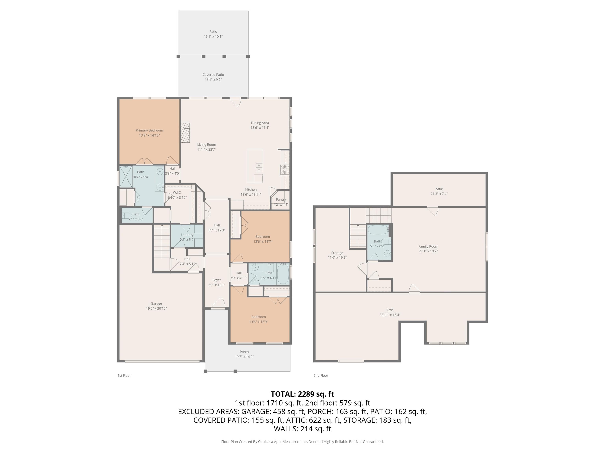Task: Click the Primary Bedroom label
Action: [149, 130]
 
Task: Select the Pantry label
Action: [281, 199]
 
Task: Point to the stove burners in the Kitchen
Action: [285, 169]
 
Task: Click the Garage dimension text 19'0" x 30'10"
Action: [156, 308]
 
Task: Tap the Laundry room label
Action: [187, 235]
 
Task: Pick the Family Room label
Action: [428, 246]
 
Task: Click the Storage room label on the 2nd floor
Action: [337, 253]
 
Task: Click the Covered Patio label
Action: [213, 74]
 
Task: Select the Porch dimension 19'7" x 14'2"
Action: [244, 357]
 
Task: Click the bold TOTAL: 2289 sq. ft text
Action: [302, 394]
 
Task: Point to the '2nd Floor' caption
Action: [321, 375]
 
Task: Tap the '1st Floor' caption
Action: [124, 375]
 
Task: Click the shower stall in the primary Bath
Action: [126, 177]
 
